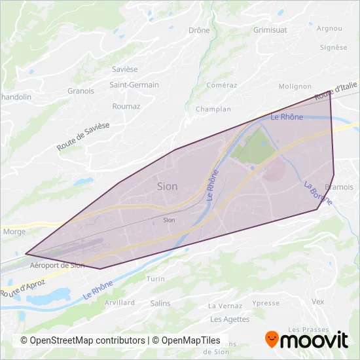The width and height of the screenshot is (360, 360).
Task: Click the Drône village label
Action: [199, 30]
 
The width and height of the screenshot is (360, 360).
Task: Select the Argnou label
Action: [329, 28]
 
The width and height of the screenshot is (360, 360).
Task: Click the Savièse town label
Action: [124, 69]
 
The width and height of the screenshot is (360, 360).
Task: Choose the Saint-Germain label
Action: [134, 84]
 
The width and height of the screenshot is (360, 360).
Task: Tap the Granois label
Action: [81, 91]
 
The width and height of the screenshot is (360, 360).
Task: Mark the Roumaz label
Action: [126, 106]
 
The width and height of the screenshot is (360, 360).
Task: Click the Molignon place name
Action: [295, 86]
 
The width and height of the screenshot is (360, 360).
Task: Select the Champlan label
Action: [213, 109]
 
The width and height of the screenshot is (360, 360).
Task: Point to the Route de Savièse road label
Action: [83, 136]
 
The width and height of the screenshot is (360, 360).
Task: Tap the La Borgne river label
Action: [317, 194]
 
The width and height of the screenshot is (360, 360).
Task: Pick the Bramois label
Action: [339, 187]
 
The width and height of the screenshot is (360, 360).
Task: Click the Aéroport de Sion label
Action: [58, 265]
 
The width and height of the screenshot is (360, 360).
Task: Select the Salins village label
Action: [160, 303]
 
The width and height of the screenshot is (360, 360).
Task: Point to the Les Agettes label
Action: [230, 319]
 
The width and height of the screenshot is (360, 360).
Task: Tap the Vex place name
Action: [318, 302]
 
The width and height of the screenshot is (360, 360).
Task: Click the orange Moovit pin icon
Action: [272, 338]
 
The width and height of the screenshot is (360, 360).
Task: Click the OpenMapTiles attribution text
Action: [186, 340]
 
